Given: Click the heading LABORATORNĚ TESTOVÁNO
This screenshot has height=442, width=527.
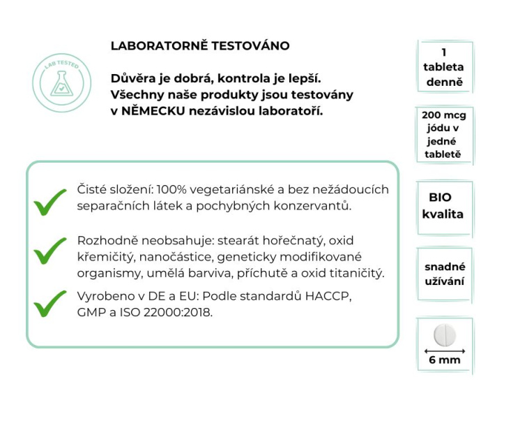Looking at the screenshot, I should (x=200, y=46).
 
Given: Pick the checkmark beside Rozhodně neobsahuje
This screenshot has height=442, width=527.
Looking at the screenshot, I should (x=50, y=249).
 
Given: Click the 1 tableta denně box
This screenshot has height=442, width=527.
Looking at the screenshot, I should (x=443, y=68).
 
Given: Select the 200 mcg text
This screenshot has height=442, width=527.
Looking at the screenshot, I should (x=443, y=115).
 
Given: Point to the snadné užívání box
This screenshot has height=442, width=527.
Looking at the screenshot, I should (x=444, y=274).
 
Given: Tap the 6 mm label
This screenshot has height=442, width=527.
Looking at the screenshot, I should (x=444, y=361).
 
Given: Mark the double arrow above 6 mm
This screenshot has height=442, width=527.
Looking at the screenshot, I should (x=444, y=348).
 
